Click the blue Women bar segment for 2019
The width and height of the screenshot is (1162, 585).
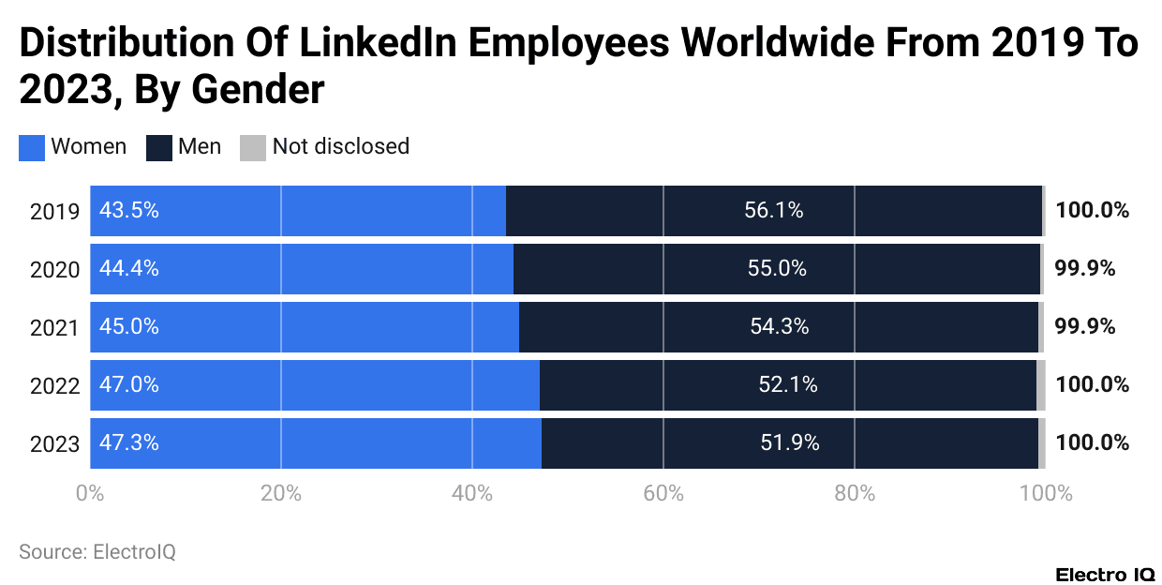(x=298, y=211)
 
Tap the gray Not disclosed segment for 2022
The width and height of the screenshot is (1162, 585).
(x=1040, y=385)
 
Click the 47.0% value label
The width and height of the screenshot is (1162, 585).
(x=129, y=385)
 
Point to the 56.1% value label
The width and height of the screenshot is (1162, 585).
(x=774, y=211)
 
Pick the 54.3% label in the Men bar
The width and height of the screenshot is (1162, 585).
(x=780, y=327)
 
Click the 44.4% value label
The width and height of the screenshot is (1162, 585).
(x=129, y=269)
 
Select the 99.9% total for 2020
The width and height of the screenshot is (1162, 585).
(x=1085, y=269)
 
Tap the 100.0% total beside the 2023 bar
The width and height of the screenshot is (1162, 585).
(x=1092, y=443)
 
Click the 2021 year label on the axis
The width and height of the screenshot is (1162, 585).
(x=54, y=327)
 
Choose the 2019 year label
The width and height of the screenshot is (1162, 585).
(x=54, y=211)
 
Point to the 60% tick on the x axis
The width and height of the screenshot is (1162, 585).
(x=663, y=493)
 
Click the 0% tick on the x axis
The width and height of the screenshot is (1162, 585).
(x=90, y=493)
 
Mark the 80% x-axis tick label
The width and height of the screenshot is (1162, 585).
(x=854, y=493)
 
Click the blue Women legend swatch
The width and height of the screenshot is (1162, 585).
(x=32, y=147)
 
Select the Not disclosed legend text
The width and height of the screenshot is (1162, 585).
(x=341, y=147)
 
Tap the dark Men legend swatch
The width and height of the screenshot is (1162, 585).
(x=159, y=147)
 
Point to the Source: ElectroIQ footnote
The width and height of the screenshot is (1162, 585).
(x=97, y=552)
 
